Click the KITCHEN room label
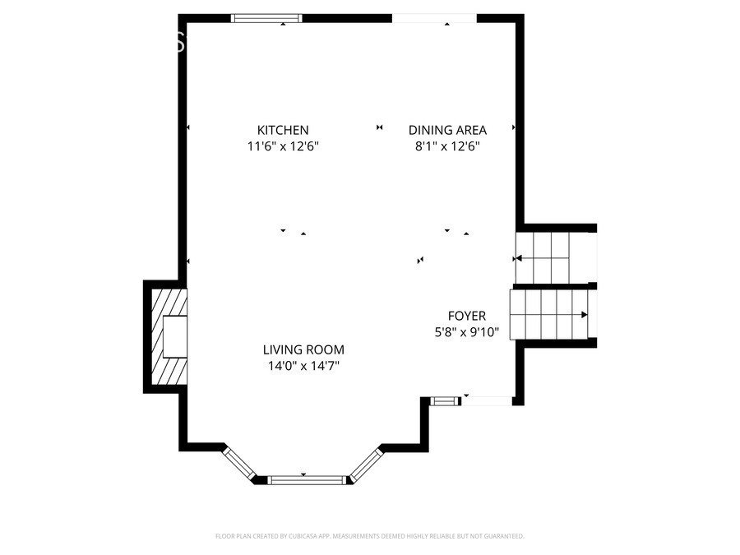tap(283, 130)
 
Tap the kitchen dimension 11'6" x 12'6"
tap(283, 147)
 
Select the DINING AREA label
tap(447, 130)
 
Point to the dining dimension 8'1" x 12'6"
tap(447, 147)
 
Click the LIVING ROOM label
tap(303, 349)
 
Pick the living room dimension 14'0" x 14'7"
tap(303, 367)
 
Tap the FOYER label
tap(466, 316)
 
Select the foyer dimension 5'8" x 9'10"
tap(466, 333)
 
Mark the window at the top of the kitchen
tap(267, 18)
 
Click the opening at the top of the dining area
tap(434, 18)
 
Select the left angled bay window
tap(240, 462)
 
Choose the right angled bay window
tap(366, 464)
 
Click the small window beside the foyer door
tap(445, 401)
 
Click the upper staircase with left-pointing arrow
tap(543, 257)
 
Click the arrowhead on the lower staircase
tap(585, 314)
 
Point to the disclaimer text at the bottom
tap(369, 536)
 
